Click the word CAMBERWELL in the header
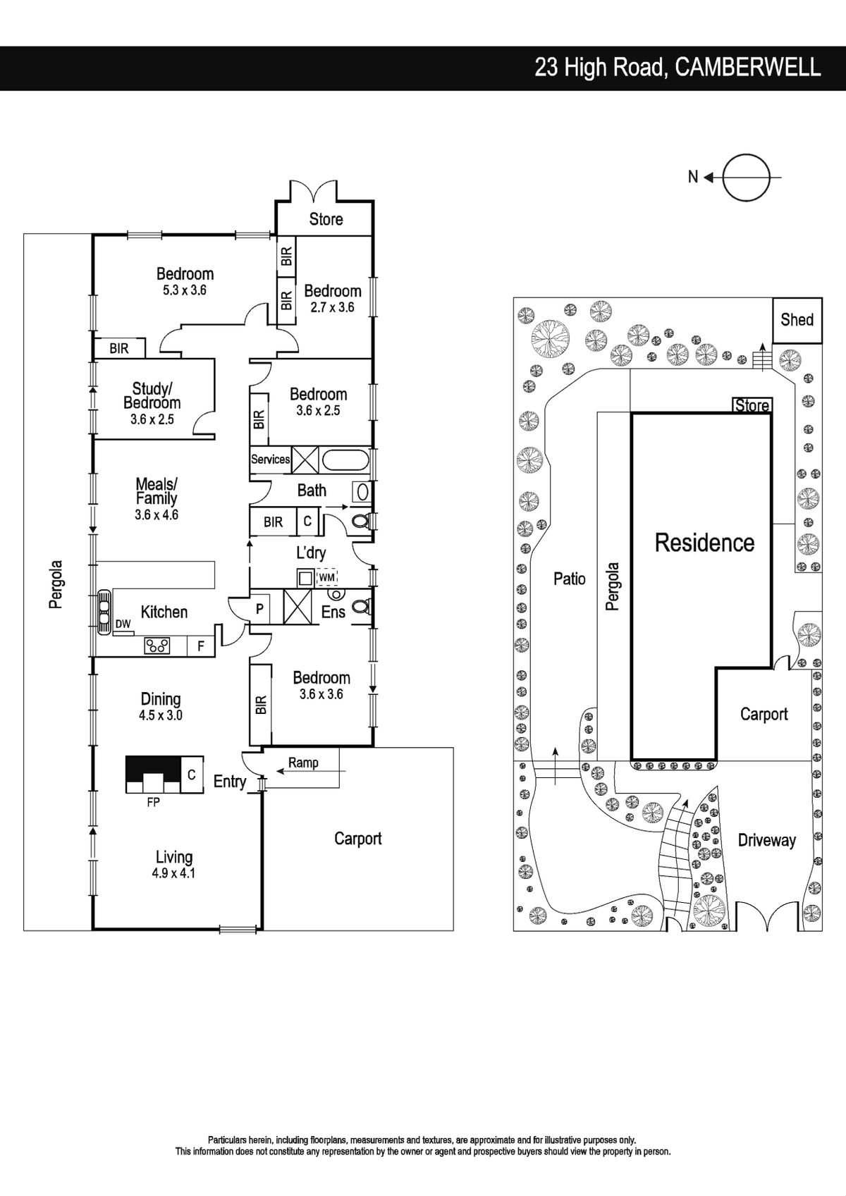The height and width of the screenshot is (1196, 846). tap(747, 68)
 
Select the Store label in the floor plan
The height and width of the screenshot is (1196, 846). tap(326, 219)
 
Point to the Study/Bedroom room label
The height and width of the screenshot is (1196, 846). tap(152, 395)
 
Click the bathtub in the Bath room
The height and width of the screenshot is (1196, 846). tap(345, 460)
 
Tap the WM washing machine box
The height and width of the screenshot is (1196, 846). tap(327, 577)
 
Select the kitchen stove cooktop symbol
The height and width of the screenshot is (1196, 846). tap(157, 646)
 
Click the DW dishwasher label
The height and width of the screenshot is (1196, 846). tap(123, 624)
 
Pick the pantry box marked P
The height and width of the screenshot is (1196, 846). tap(259, 608)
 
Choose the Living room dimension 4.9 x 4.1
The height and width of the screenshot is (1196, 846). tap(173, 873)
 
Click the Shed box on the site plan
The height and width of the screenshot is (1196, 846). tap(797, 321)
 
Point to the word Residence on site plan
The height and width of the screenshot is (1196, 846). tap(704, 543)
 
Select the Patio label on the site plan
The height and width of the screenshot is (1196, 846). tap(570, 579)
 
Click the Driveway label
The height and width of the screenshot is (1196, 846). tap(767, 841)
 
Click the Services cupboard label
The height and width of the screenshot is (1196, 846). tap(271, 460)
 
